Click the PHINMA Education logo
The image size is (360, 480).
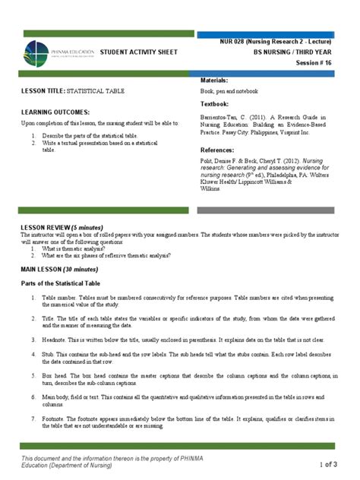[x=58, y=52]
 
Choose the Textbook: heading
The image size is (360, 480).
[x=216, y=103]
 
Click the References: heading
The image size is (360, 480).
[x=219, y=150]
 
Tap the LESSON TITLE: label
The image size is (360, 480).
[x=44, y=91]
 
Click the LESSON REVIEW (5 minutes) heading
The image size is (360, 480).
[x=62, y=229]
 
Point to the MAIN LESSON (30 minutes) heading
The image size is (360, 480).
[x=59, y=269]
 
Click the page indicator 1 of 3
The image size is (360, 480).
[x=332, y=465]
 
